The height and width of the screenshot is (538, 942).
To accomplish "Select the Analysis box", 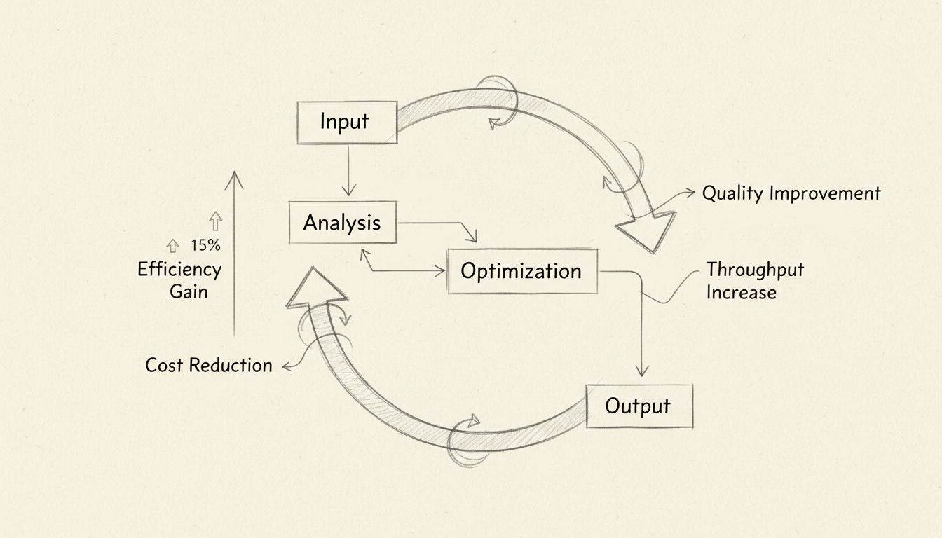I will point(342,223).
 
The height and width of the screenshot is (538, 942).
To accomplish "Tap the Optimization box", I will point(521,271).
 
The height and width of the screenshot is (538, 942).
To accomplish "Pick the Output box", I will point(639,406).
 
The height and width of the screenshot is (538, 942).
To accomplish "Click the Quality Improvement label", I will point(791,193).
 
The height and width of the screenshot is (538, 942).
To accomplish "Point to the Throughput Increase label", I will point(754,280).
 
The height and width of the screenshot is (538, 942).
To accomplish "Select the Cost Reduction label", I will point(208,365).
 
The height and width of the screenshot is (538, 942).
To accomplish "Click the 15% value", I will point(205,246).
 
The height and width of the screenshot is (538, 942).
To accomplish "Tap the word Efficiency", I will point(179,270).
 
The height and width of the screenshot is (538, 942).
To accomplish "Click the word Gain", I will point(189,291).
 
